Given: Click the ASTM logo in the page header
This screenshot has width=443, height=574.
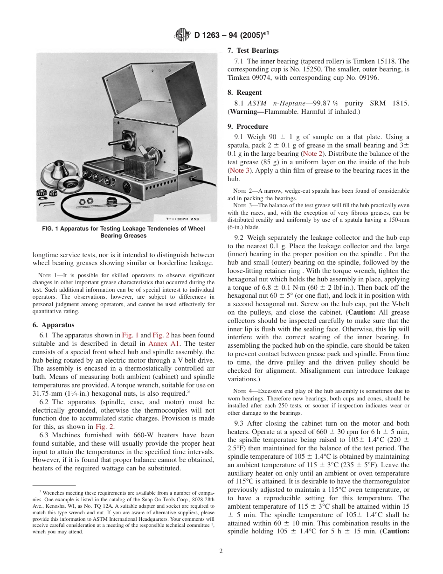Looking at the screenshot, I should (181, 35).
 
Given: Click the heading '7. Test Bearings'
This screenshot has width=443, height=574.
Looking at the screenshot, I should (253, 50).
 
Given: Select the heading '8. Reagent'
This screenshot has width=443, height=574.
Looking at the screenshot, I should (244, 92).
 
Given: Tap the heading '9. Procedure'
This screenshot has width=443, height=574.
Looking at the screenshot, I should (248, 126).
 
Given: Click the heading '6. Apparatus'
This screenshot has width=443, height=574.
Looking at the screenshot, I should (53, 325).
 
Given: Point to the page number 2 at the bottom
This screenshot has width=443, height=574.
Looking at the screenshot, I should (221, 551).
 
